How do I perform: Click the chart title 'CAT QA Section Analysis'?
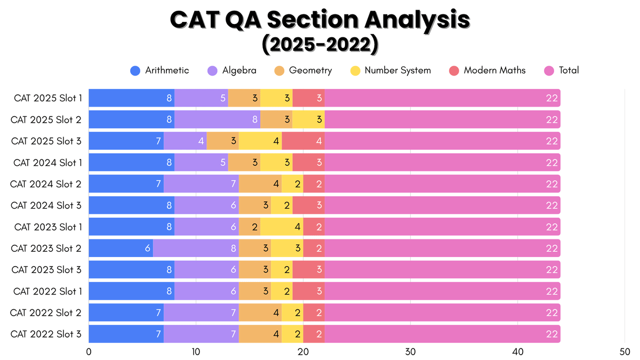tap(320, 20)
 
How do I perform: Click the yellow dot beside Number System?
tap(355, 70)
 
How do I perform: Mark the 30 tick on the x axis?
tap(410, 351)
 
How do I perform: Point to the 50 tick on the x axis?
tap(625, 351)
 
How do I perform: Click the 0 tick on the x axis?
tap(89, 351)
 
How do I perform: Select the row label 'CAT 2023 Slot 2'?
tap(46, 248)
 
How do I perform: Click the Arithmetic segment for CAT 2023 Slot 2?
tap(121, 248)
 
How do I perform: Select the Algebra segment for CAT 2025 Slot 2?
tap(217, 119)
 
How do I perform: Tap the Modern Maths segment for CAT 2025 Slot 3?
tap(303, 141)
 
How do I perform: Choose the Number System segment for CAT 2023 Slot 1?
tap(282, 227)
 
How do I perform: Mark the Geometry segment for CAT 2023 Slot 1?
tap(249, 227)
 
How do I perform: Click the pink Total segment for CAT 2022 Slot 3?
tap(442, 334)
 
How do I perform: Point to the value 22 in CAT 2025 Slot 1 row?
tap(551, 98)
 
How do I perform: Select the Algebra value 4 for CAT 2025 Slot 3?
tap(201, 141)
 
